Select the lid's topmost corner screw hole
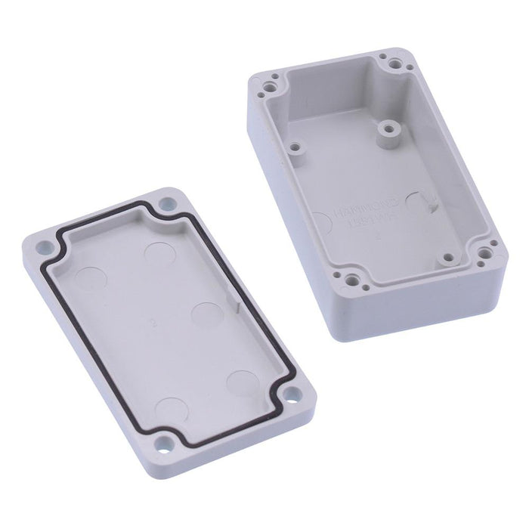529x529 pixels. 166,204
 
